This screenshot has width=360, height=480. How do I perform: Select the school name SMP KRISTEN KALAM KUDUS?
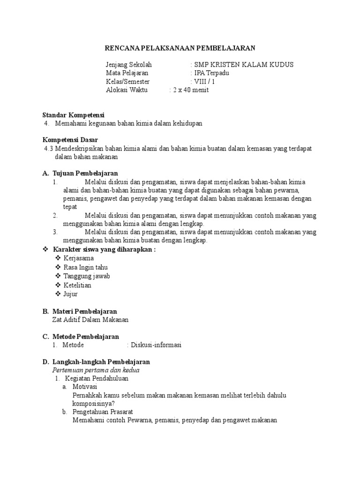click(x=244, y=65)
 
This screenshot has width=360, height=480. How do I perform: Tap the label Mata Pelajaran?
click(x=127, y=73)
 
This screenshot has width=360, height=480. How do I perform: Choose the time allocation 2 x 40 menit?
click(x=190, y=90)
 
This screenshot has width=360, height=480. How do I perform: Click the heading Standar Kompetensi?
click(x=74, y=115)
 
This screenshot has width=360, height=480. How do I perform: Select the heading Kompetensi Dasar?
click(x=70, y=140)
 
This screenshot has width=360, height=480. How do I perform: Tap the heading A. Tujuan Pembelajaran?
click(x=80, y=173)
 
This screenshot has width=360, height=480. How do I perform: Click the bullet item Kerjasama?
click(x=78, y=258)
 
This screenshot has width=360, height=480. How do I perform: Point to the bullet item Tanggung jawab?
click(x=87, y=276)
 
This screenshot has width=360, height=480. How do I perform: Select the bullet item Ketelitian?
click(x=77, y=285)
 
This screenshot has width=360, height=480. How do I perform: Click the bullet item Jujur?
click(x=70, y=294)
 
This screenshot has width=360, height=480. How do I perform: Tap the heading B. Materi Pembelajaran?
click(x=80, y=311)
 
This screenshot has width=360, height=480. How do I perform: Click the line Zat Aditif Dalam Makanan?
click(x=90, y=320)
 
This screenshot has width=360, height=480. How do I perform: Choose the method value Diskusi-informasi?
click(x=156, y=345)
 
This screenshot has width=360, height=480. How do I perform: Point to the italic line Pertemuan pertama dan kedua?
click(x=96, y=370)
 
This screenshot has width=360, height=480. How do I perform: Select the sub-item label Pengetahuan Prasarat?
click(x=103, y=412)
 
